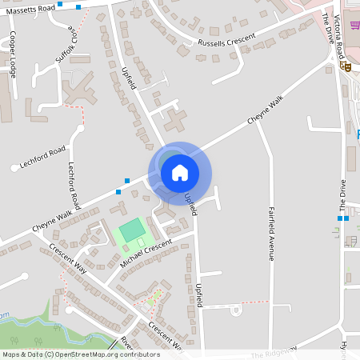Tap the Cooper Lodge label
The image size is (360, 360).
pyautogui.click(x=13, y=54)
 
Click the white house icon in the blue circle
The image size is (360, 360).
pyautogui.click(x=180, y=172)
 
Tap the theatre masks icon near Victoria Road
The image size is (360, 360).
pyautogui.click(x=348, y=68)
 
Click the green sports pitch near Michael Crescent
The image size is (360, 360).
pyautogui.click(x=131, y=233)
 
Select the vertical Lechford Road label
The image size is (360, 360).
pyautogui.click(x=74, y=185)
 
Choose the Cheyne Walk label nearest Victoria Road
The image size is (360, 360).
pyautogui.click(x=266, y=110)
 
